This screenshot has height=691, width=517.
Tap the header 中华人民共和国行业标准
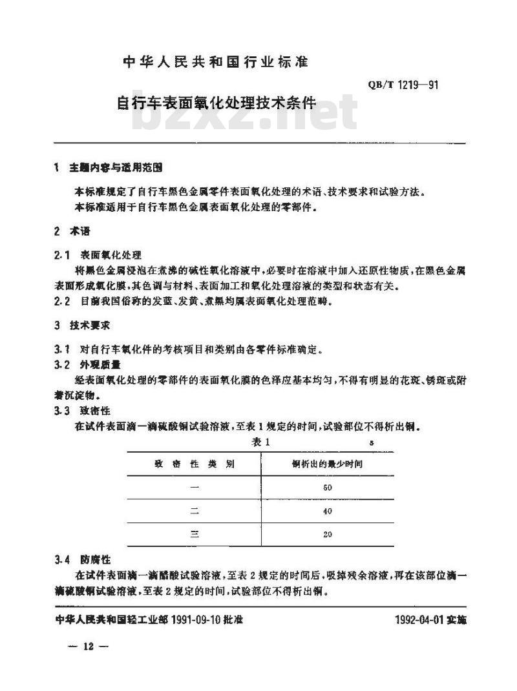(x=216, y=63)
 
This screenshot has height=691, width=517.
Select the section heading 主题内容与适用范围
(x=116, y=168)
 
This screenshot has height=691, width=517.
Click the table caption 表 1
(x=259, y=442)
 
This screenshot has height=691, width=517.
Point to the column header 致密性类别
(x=194, y=464)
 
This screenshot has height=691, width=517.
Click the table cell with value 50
(x=327, y=488)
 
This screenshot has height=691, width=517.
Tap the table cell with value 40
(x=327, y=511)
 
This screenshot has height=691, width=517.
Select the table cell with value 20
(x=327, y=534)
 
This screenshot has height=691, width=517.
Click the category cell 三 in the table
(x=194, y=534)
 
